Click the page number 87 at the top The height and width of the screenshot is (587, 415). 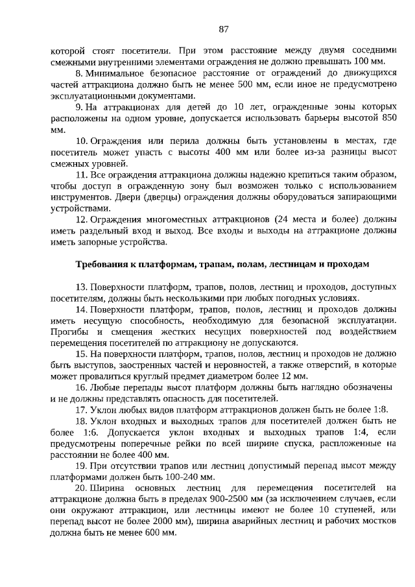point(224,29)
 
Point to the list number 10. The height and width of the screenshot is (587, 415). point(81,141)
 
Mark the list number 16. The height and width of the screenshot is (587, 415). point(81,388)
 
